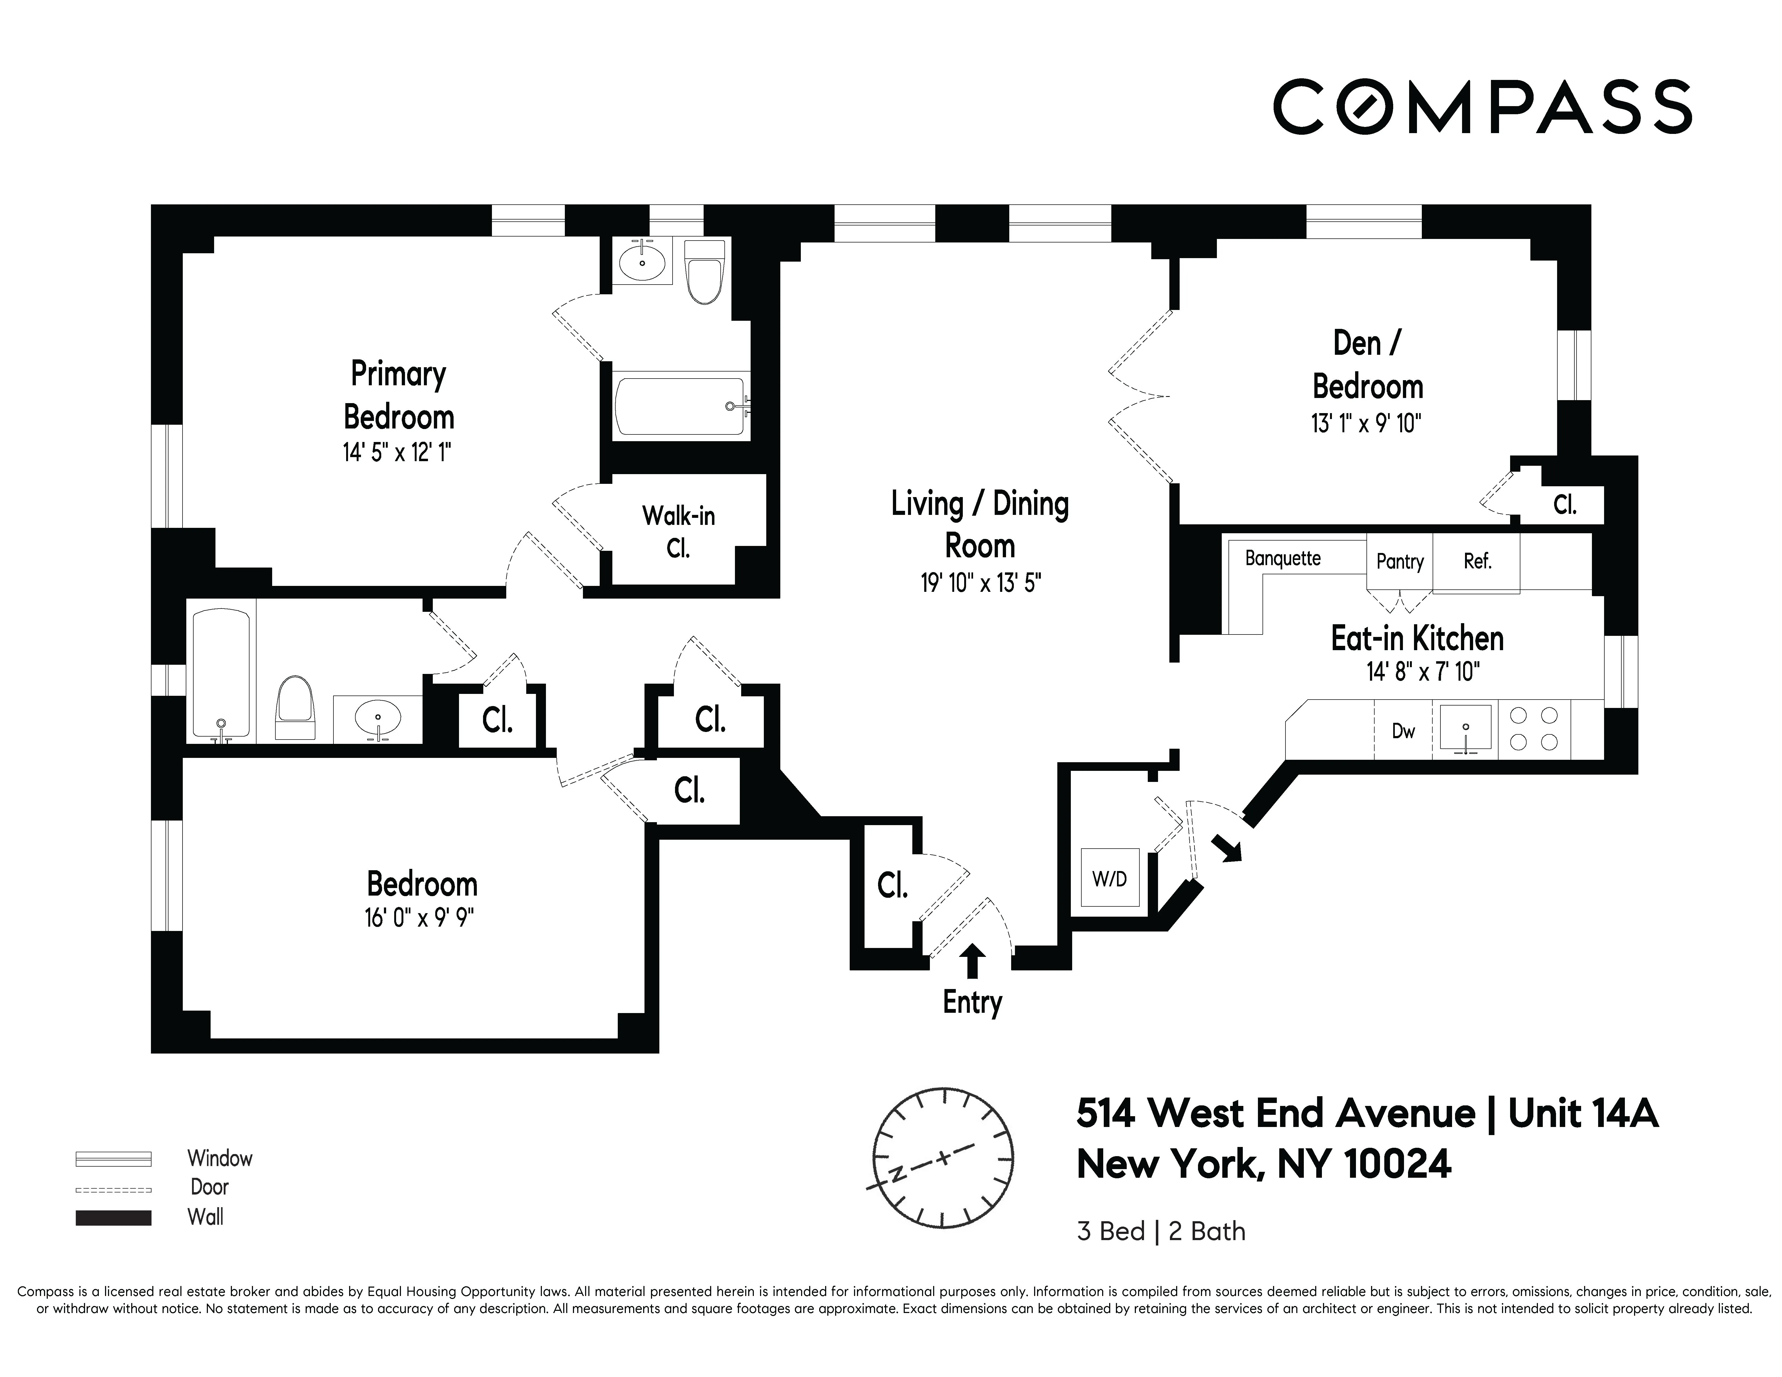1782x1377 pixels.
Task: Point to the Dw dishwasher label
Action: (1403, 731)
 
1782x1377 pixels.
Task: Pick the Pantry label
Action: (1399, 561)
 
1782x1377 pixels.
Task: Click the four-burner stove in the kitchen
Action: (1534, 728)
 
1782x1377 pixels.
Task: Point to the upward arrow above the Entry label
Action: (971, 961)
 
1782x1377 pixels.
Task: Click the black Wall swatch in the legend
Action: (113, 1217)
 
